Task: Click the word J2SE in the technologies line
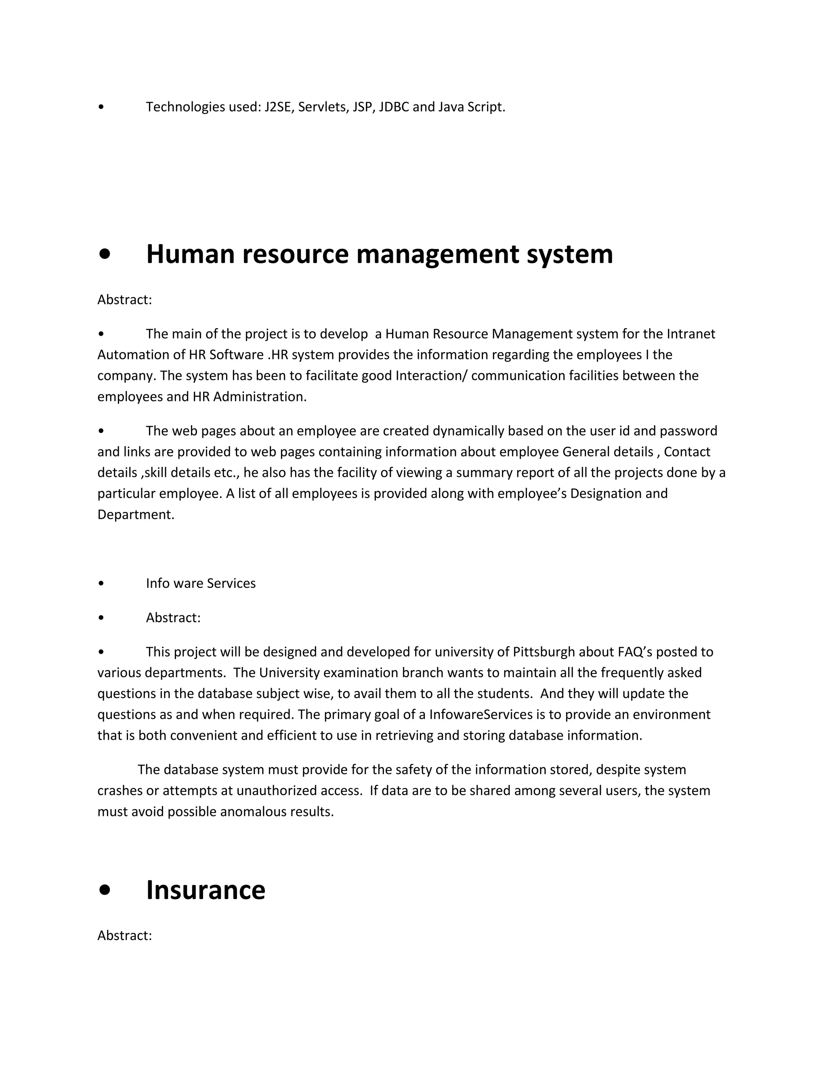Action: [x=277, y=107]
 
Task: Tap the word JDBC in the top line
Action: [x=394, y=107]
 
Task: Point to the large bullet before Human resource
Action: [x=104, y=255]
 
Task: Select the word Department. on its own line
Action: [x=136, y=514]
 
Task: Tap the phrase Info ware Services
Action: [x=200, y=583]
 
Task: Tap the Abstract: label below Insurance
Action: [x=124, y=935]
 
